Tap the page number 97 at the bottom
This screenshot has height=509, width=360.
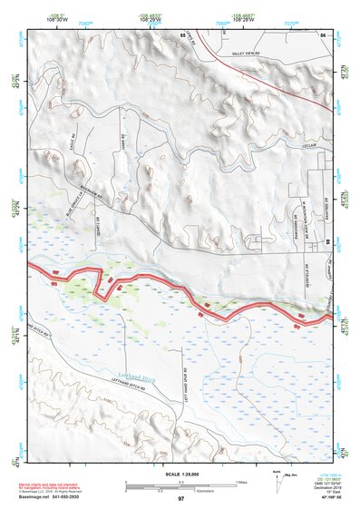pyautogui.click(x=180, y=499)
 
